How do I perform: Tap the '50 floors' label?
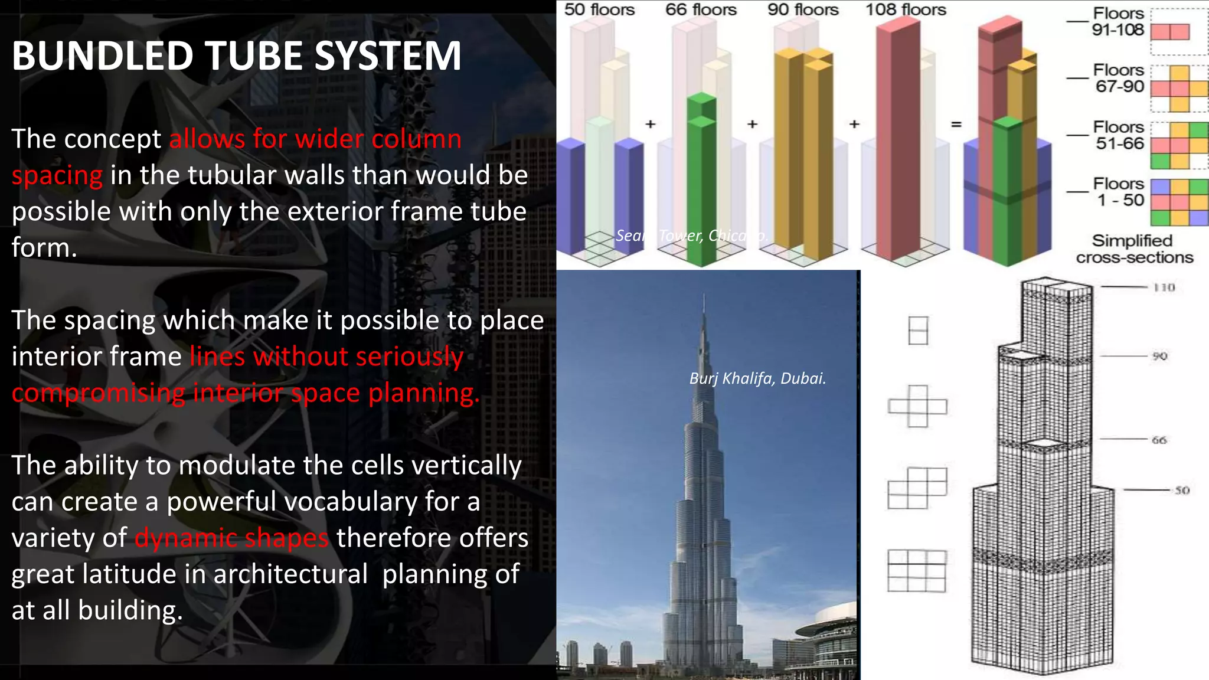[599, 10]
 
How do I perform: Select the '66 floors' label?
[701, 10]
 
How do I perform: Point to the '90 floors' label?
[803, 10]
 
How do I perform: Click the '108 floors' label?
[906, 10]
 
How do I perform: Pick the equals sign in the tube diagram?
[956, 125]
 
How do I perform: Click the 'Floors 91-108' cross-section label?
[1118, 22]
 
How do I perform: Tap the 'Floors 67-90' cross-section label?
[1119, 79]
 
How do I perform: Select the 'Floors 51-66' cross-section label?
[1119, 135]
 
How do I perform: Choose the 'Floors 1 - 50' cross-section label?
[1119, 192]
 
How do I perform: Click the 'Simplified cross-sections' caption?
[1133, 249]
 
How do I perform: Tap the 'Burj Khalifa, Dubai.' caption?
[757, 378]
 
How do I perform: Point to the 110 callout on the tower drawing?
[1164, 287]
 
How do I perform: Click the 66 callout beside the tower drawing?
[1159, 440]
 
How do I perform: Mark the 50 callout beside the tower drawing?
[1181, 490]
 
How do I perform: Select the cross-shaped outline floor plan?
[917, 406]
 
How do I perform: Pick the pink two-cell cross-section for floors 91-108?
[1170, 31]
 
